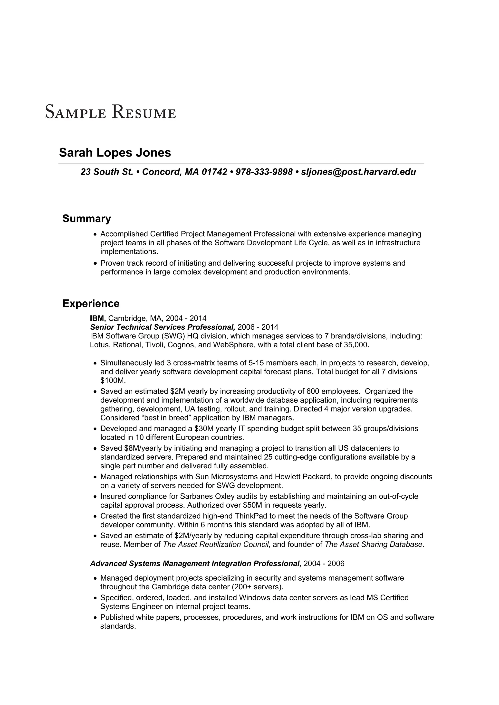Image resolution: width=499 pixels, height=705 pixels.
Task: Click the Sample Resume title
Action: [x=111, y=112]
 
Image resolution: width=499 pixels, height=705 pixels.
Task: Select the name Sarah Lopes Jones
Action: [x=115, y=153]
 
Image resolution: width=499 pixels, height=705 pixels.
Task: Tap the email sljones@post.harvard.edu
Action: [x=358, y=172]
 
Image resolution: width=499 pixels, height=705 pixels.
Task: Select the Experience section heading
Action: [x=91, y=303]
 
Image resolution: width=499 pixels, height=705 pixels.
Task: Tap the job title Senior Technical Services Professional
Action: [x=163, y=327]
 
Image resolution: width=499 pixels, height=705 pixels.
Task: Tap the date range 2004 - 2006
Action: [x=324, y=564]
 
